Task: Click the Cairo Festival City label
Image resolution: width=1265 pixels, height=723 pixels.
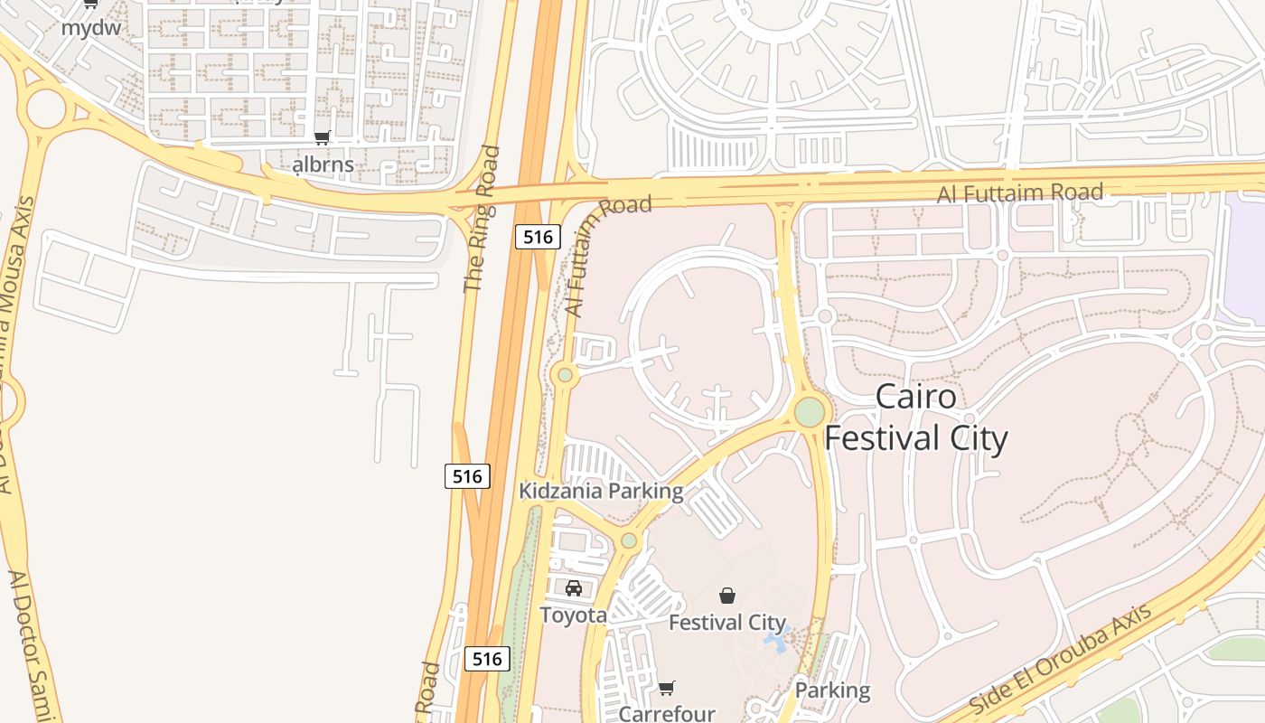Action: point(915,418)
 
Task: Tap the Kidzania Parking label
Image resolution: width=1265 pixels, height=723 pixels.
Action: point(601,491)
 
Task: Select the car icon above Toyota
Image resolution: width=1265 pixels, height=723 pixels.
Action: point(574,588)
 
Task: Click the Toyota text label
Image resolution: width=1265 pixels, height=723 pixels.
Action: point(574,615)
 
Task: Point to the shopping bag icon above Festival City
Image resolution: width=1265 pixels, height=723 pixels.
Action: point(727,596)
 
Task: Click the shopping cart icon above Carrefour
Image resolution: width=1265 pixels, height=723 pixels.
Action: point(667,689)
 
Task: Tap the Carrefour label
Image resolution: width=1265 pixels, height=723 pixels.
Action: point(667,713)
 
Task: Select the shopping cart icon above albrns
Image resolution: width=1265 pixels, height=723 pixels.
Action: point(323,138)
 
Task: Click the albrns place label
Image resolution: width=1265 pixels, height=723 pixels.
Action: point(323,165)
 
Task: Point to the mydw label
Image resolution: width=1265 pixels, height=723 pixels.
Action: point(90,27)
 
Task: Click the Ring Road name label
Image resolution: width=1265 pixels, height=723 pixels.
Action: point(481,220)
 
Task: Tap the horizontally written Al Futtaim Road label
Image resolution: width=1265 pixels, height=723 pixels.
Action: point(1019,192)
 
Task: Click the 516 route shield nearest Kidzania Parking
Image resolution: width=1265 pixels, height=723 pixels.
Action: point(467,475)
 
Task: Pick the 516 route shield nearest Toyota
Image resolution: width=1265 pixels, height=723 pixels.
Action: point(487,659)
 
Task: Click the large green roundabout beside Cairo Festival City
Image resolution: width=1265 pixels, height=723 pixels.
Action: point(810,412)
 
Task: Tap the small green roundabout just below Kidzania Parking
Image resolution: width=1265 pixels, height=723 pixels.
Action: point(629,541)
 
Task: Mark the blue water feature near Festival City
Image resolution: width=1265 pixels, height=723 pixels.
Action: point(775,641)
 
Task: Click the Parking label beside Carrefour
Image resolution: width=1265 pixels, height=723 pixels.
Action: point(832,690)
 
